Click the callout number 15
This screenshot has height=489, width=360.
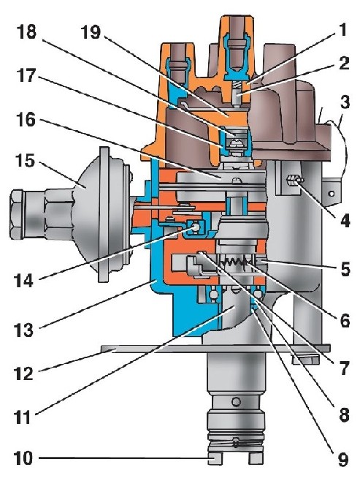click(26, 162)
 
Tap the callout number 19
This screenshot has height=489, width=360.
click(91, 32)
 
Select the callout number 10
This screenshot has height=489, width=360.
click(23, 458)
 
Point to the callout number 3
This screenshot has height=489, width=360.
click(345, 102)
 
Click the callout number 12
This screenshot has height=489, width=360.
click(23, 373)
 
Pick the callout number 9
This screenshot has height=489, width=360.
click(343, 459)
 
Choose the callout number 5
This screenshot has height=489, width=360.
click(345, 269)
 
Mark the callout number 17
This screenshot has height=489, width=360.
click(26, 75)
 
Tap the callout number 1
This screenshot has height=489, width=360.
click(342, 30)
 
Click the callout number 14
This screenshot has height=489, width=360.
click(23, 280)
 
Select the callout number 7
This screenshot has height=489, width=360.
click(344, 368)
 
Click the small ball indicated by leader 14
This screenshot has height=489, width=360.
click(195, 227)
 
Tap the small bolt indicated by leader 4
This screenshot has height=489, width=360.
click(294, 181)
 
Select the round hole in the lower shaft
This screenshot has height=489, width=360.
click(237, 401)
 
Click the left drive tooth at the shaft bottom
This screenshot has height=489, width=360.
click(215, 458)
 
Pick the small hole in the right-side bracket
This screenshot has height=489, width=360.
click(332, 194)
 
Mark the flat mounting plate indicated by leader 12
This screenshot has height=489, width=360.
click(215, 349)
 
